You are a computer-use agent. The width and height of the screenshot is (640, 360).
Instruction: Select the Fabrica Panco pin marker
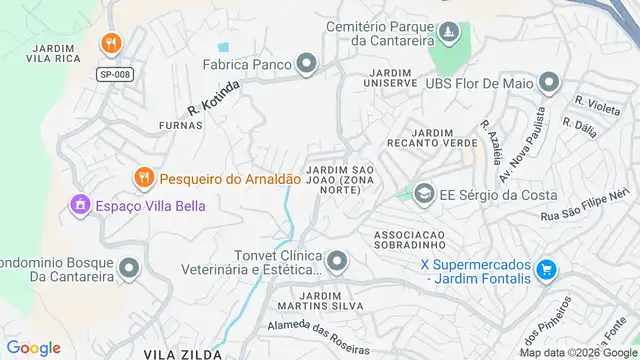306,65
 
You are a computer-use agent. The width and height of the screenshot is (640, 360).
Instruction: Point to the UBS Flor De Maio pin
548,82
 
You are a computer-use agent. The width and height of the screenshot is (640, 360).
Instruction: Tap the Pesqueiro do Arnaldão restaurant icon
144,178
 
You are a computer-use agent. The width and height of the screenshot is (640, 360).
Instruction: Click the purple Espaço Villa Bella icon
79,205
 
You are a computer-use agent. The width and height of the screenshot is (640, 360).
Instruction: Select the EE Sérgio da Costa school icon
424,192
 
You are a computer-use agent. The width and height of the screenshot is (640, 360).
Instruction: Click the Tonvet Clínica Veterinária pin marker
338,262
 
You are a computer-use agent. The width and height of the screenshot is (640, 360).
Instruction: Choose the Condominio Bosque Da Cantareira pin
129,268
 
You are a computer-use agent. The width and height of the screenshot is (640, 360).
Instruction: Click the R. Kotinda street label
213,100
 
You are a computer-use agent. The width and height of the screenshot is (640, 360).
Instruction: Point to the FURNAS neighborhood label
180,126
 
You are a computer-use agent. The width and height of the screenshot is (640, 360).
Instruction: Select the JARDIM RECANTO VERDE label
445,138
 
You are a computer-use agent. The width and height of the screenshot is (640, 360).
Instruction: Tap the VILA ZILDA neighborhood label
179,354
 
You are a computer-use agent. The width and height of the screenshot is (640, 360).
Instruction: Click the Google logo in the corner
33,348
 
